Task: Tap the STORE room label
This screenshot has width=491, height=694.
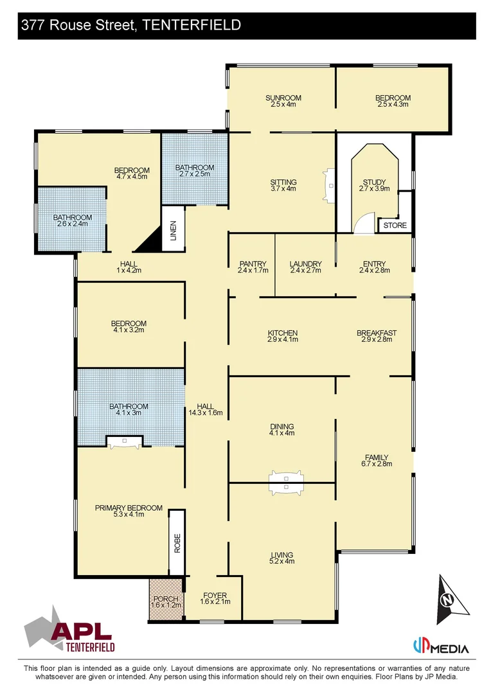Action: [x=395, y=226]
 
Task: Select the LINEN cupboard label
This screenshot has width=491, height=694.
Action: [x=173, y=229]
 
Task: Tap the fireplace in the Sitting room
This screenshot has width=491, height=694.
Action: [x=330, y=186]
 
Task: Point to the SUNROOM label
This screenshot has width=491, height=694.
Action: [x=283, y=98]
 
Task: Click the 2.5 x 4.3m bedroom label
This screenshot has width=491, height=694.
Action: [x=393, y=105]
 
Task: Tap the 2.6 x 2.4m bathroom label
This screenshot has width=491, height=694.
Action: [x=72, y=225]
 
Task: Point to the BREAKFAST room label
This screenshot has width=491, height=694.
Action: [x=376, y=333]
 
